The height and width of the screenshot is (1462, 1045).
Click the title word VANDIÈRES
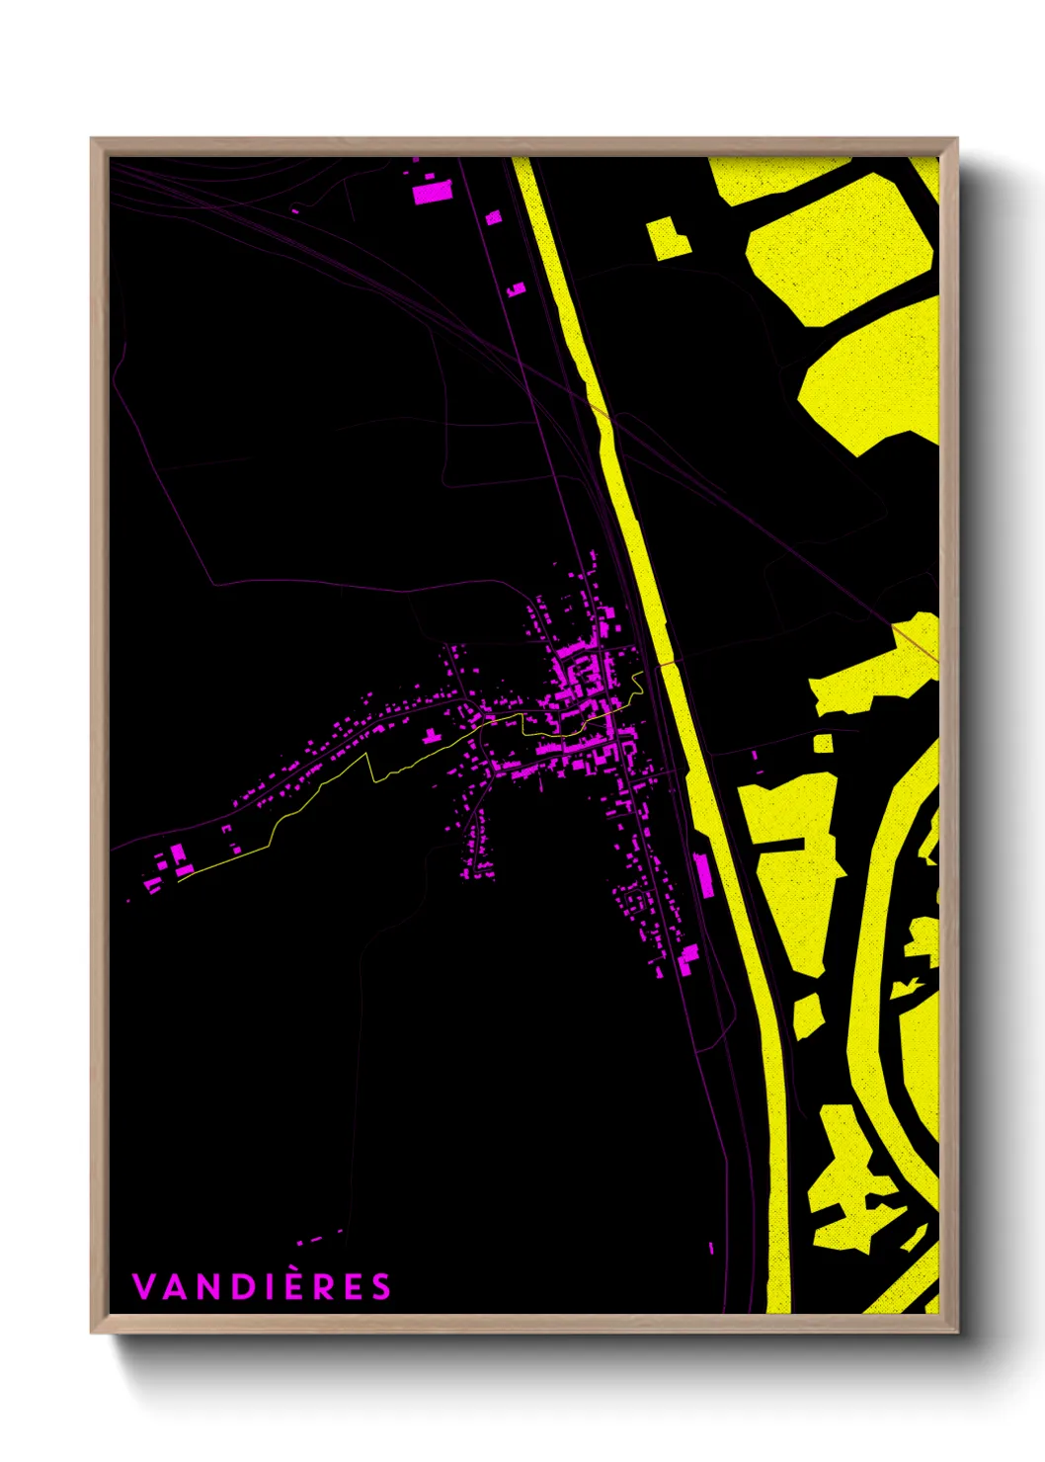click(262, 1286)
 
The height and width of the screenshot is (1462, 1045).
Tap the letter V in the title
click(142, 1286)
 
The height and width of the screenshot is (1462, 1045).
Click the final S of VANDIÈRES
click(381, 1286)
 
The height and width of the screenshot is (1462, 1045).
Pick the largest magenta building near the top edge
click(432, 192)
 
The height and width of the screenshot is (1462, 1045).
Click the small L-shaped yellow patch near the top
click(668, 238)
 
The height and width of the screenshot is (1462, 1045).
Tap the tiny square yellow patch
click(823, 743)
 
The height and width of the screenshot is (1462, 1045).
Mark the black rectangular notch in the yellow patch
click(780, 845)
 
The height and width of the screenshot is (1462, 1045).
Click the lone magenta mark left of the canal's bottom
click(711, 1249)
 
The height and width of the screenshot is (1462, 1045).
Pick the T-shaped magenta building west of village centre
click(432, 735)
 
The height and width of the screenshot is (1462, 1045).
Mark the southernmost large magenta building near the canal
click(688, 956)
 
